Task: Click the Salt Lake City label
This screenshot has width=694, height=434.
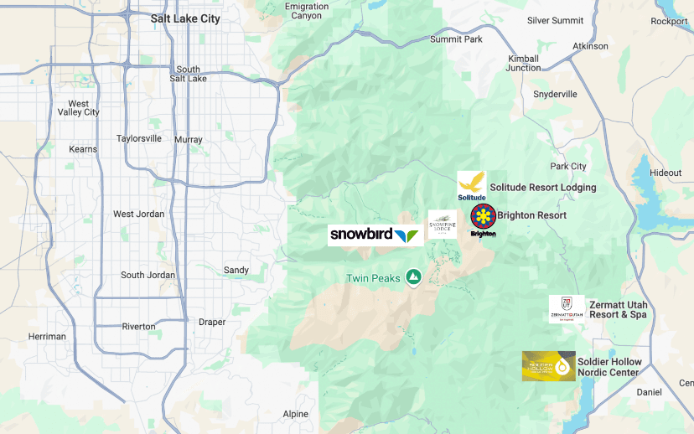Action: [x=185, y=18]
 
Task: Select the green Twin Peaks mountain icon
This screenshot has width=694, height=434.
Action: [x=413, y=276]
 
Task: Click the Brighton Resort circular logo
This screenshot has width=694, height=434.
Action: [x=483, y=217]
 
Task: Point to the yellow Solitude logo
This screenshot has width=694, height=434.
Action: [x=471, y=185]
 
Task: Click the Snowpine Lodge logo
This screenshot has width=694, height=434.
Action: [x=443, y=225]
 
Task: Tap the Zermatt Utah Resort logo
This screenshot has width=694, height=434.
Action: [x=566, y=308]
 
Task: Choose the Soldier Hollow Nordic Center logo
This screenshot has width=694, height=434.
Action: [x=549, y=366]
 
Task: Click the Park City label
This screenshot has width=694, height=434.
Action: [x=568, y=167]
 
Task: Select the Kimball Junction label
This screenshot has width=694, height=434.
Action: [x=524, y=63]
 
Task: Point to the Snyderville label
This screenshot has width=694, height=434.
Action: [x=555, y=94]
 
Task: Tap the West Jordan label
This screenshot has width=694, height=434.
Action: [x=139, y=214]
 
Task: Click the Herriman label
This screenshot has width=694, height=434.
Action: [x=47, y=337]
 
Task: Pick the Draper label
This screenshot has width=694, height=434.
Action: [x=212, y=322]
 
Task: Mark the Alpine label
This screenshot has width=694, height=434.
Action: [x=295, y=414]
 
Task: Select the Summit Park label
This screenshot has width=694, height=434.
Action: [x=456, y=39]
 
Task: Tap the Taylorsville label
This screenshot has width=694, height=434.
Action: [x=139, y=138]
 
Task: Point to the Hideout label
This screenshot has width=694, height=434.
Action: [x=666, y=173]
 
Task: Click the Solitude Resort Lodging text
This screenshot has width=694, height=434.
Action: [x=543, y=188]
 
